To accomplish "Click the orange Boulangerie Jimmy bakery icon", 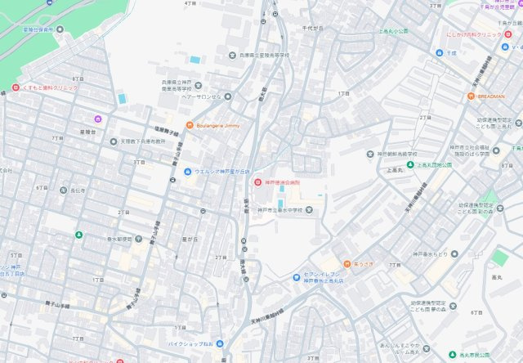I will [190, 125].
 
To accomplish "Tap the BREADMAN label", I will [496, 96].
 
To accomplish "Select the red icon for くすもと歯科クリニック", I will [16, 87].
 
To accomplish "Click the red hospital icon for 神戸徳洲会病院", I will [258, 181].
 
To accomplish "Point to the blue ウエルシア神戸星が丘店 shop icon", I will [188, 171].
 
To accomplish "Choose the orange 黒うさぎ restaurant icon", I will [346, 264].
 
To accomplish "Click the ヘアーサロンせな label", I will [200, 96].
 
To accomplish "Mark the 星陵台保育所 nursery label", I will [38, 29].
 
